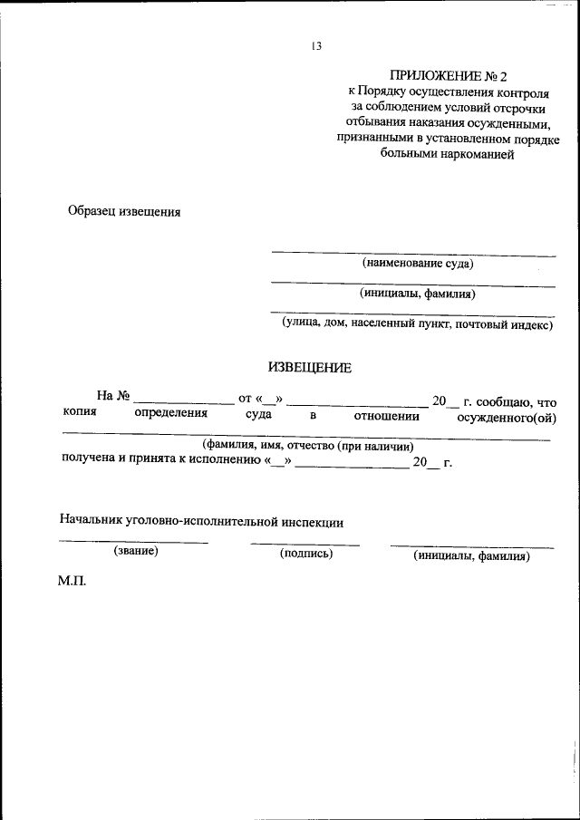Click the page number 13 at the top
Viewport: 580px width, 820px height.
point(316,47)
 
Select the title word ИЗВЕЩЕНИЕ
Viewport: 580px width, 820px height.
point(309,368)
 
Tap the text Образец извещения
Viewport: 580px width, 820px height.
point(125,212)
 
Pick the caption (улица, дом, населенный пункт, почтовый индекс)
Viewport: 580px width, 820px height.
point(417,323)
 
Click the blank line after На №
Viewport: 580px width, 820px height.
point(183,403)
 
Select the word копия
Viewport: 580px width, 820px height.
point(80,414)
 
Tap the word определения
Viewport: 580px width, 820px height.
point(171,414)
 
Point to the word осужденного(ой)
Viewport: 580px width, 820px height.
point(506,417)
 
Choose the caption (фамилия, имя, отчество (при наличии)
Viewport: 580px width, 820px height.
point(308,447)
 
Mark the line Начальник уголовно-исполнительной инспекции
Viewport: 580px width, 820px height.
point(201,521)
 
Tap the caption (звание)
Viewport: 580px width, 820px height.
point(136,551)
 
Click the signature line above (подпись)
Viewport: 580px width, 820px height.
point(305,545)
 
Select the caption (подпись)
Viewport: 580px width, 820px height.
point(306,554)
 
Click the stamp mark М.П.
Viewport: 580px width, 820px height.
point(72,581)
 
